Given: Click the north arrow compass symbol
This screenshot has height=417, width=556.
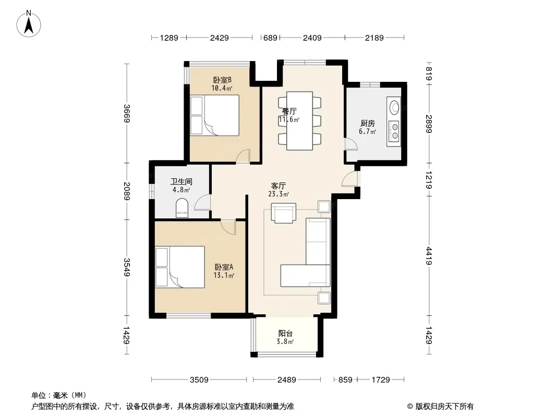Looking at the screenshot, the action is point(29,24).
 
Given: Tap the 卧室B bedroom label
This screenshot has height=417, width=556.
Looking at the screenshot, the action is point(222,80).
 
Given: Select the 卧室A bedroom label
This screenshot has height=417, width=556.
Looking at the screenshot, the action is point(224,267).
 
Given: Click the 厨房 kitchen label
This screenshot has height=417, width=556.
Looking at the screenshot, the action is point(367,124).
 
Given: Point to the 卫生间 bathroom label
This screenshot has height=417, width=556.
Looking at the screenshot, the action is point(181,182).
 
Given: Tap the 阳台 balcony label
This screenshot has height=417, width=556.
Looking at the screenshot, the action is point(285,334).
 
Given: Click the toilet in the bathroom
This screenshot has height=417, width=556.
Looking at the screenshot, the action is point(182,208).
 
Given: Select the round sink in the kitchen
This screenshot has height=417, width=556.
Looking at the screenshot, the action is point(394,107).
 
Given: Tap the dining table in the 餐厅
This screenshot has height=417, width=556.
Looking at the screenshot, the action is point(299,121).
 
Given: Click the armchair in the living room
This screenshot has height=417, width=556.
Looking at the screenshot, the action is point(284,213).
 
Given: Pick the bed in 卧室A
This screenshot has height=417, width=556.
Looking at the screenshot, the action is point(180,267).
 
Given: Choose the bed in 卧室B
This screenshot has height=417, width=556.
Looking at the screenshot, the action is point(214,115).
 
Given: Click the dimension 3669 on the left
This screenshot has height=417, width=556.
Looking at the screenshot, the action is point(127,114).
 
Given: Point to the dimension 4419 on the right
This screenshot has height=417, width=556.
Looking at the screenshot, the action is point(429,256).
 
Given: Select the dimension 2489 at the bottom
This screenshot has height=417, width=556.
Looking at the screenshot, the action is point(286,380).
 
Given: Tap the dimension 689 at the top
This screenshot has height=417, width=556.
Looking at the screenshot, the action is point(270,38).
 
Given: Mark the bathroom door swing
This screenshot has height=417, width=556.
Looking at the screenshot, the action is point(202,203).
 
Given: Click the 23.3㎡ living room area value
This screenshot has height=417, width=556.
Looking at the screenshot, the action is point(279,194).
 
